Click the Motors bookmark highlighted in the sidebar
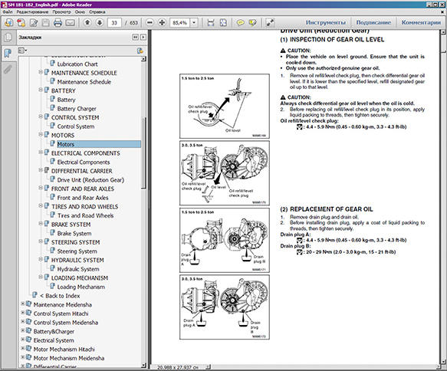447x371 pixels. (65, 144)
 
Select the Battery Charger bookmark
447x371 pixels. (77, 109)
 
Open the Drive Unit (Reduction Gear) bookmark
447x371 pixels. (90, 179)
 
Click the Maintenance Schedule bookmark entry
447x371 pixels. (84, 81)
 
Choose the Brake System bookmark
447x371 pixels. (74, 233)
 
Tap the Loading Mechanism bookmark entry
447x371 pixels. (82, 287)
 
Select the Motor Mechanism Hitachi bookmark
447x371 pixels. (70, 349)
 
